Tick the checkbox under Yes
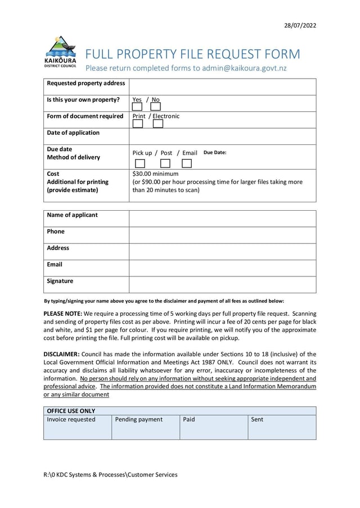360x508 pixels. tap(137, 106)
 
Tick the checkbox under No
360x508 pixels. tap(155, 106)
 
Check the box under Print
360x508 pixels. tap(137, 124)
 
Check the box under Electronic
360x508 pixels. tap(158, 124)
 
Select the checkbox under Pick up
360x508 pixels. tap(140, 164)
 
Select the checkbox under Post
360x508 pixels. tap(165, 164)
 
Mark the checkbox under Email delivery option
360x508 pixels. tap(187, 164)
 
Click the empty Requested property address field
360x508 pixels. tap(222, 87)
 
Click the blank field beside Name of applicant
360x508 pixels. tap(222, 218)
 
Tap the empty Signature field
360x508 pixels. tap(222, 284)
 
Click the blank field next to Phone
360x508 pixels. tap(222, 235)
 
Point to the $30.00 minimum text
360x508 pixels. tap(155, 174)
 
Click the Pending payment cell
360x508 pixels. tap(145, 427)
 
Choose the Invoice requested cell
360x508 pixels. tap(77, 427)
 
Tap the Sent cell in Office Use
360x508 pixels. tap(281, 427)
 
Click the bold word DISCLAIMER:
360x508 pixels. tap(62, 354)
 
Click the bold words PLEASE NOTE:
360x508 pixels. tap(63, 314)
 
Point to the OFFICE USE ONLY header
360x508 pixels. tap(71, 411)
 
